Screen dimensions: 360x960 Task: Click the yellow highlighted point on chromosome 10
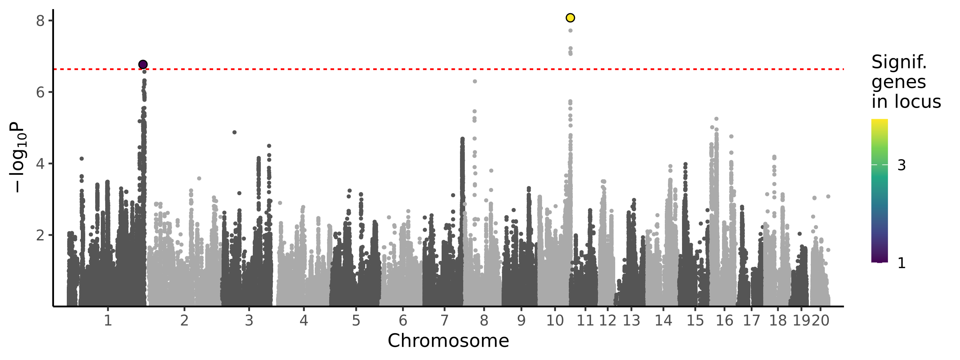(x=570, y=18)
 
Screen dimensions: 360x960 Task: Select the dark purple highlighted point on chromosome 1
(x=143, y=64)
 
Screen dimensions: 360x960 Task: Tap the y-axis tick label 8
(x=40, y=21)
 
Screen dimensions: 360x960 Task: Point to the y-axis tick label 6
(x=40, y=92)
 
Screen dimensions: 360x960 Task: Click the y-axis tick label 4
(x=40, y=164)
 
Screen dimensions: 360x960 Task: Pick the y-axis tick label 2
(x=40, y=235)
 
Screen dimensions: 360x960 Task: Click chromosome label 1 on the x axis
(x=108, y=320)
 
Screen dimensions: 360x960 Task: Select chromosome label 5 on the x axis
(x=356, y=320)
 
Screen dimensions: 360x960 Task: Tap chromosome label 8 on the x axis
(x=484, y=320)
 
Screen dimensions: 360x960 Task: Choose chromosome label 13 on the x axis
(x=632, y=320)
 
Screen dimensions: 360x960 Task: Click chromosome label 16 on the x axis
(x=724, y=320)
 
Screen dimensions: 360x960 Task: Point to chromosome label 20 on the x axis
(x=820, y=320)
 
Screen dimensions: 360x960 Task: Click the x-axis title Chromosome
(x=448, y=341)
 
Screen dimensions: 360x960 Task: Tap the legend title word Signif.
(x=899, y=62)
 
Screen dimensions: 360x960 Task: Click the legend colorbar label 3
(x=902, y=165)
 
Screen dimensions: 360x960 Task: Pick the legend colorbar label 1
(x=902, y=263)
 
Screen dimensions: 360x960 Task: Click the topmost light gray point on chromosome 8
(x=475, y=81)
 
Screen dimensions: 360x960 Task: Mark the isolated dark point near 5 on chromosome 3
(x=234, y=132)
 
